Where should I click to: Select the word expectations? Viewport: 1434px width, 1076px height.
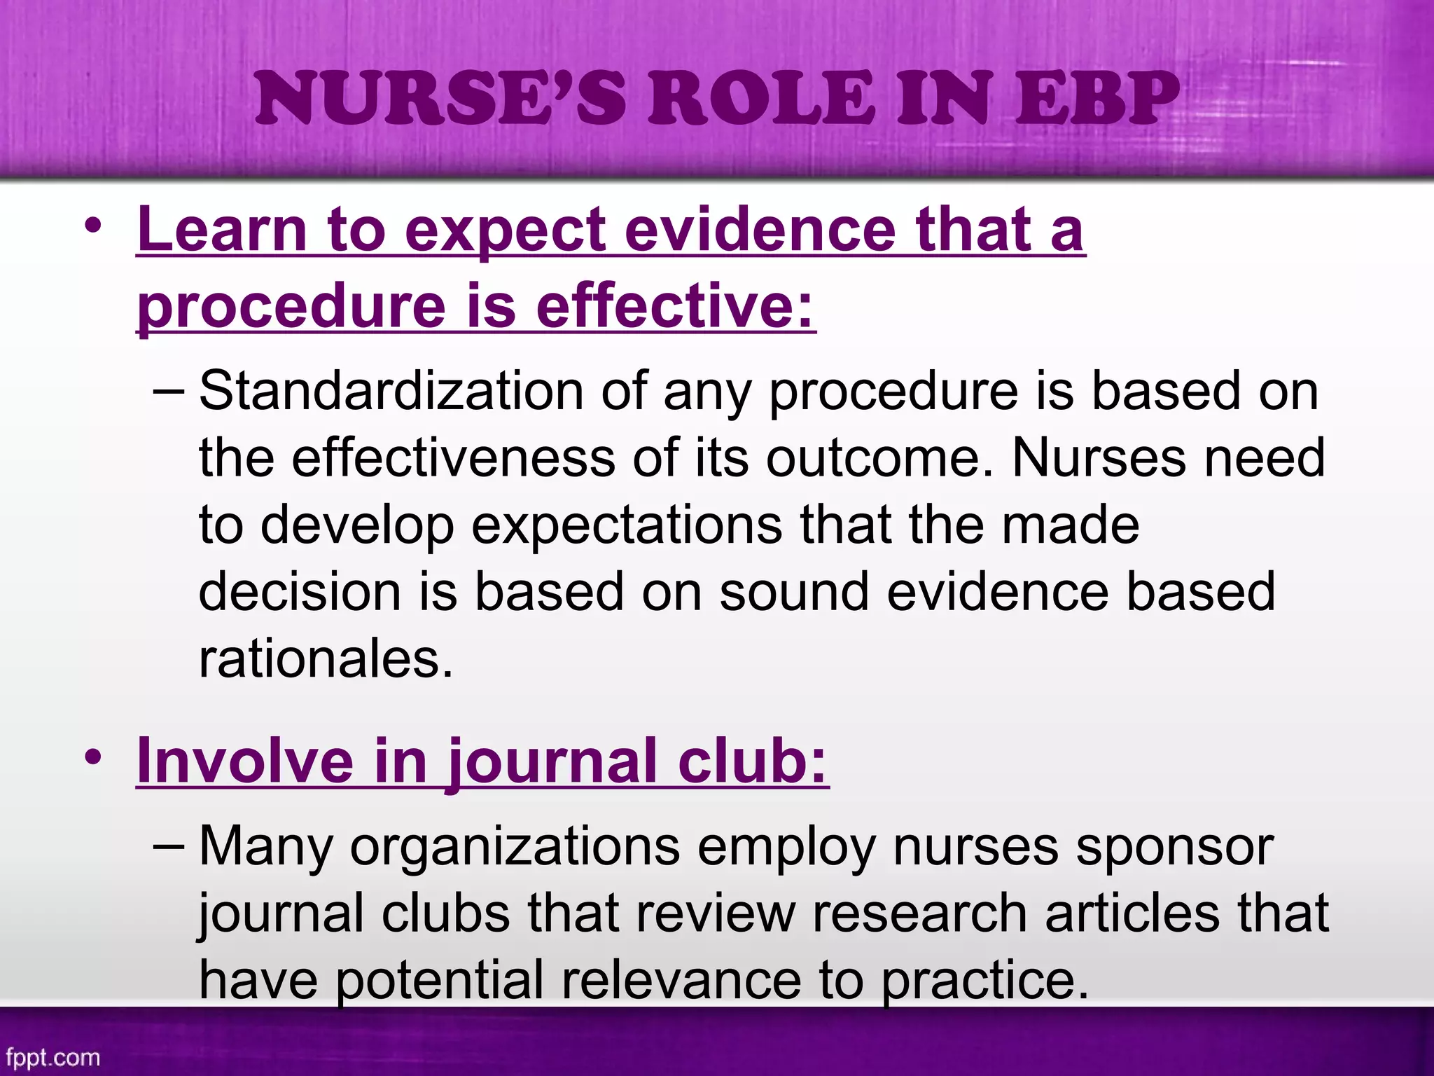tap(627, 525)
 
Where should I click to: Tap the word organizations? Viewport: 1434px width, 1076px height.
tap(515, 846)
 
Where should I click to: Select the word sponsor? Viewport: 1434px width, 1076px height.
tap(1174, 846)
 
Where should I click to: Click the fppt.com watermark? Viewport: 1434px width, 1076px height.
tap(53, 1057)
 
